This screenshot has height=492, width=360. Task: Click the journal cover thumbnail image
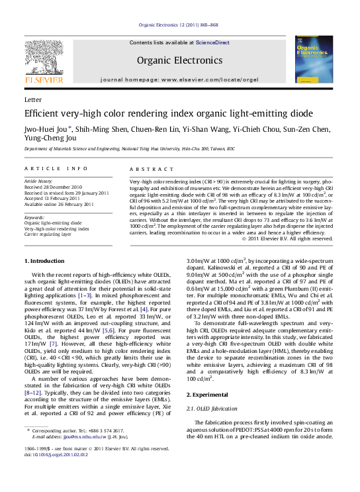click(314, 59)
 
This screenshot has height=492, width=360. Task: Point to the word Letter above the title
click(32, 99)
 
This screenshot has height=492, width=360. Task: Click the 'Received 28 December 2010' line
click(54, 187)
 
